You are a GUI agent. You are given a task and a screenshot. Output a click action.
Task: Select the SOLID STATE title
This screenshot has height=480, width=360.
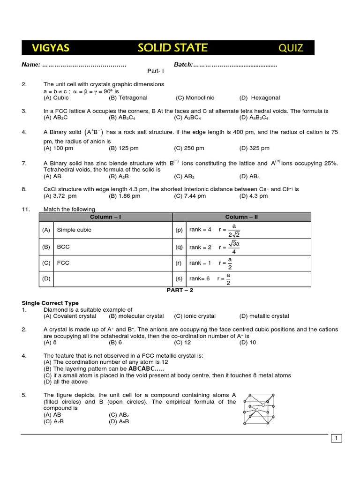172,47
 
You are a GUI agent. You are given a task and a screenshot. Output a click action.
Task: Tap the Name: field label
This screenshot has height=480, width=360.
31,65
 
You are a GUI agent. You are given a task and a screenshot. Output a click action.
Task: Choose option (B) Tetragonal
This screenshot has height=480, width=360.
128,97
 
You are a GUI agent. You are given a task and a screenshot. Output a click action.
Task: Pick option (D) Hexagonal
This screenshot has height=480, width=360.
259,97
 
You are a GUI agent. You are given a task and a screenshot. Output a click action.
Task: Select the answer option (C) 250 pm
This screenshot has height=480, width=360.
189,148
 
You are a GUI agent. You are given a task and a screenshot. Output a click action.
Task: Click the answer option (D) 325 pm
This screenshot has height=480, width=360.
254,148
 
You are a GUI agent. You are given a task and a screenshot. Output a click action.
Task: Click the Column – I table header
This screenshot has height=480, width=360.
105,217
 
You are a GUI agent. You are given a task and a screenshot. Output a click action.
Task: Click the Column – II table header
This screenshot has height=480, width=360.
241,217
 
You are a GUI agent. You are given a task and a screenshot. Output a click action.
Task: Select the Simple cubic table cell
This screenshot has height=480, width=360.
74,230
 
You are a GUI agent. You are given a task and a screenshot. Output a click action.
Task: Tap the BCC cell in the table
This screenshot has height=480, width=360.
63,247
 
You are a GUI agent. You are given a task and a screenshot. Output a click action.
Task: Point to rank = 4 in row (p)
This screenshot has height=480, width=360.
200,230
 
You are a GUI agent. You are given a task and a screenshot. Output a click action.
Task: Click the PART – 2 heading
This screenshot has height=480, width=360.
180,290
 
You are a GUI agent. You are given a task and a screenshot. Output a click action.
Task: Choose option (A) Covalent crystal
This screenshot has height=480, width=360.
69,316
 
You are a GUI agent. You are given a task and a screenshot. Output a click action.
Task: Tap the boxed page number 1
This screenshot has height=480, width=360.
337,438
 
